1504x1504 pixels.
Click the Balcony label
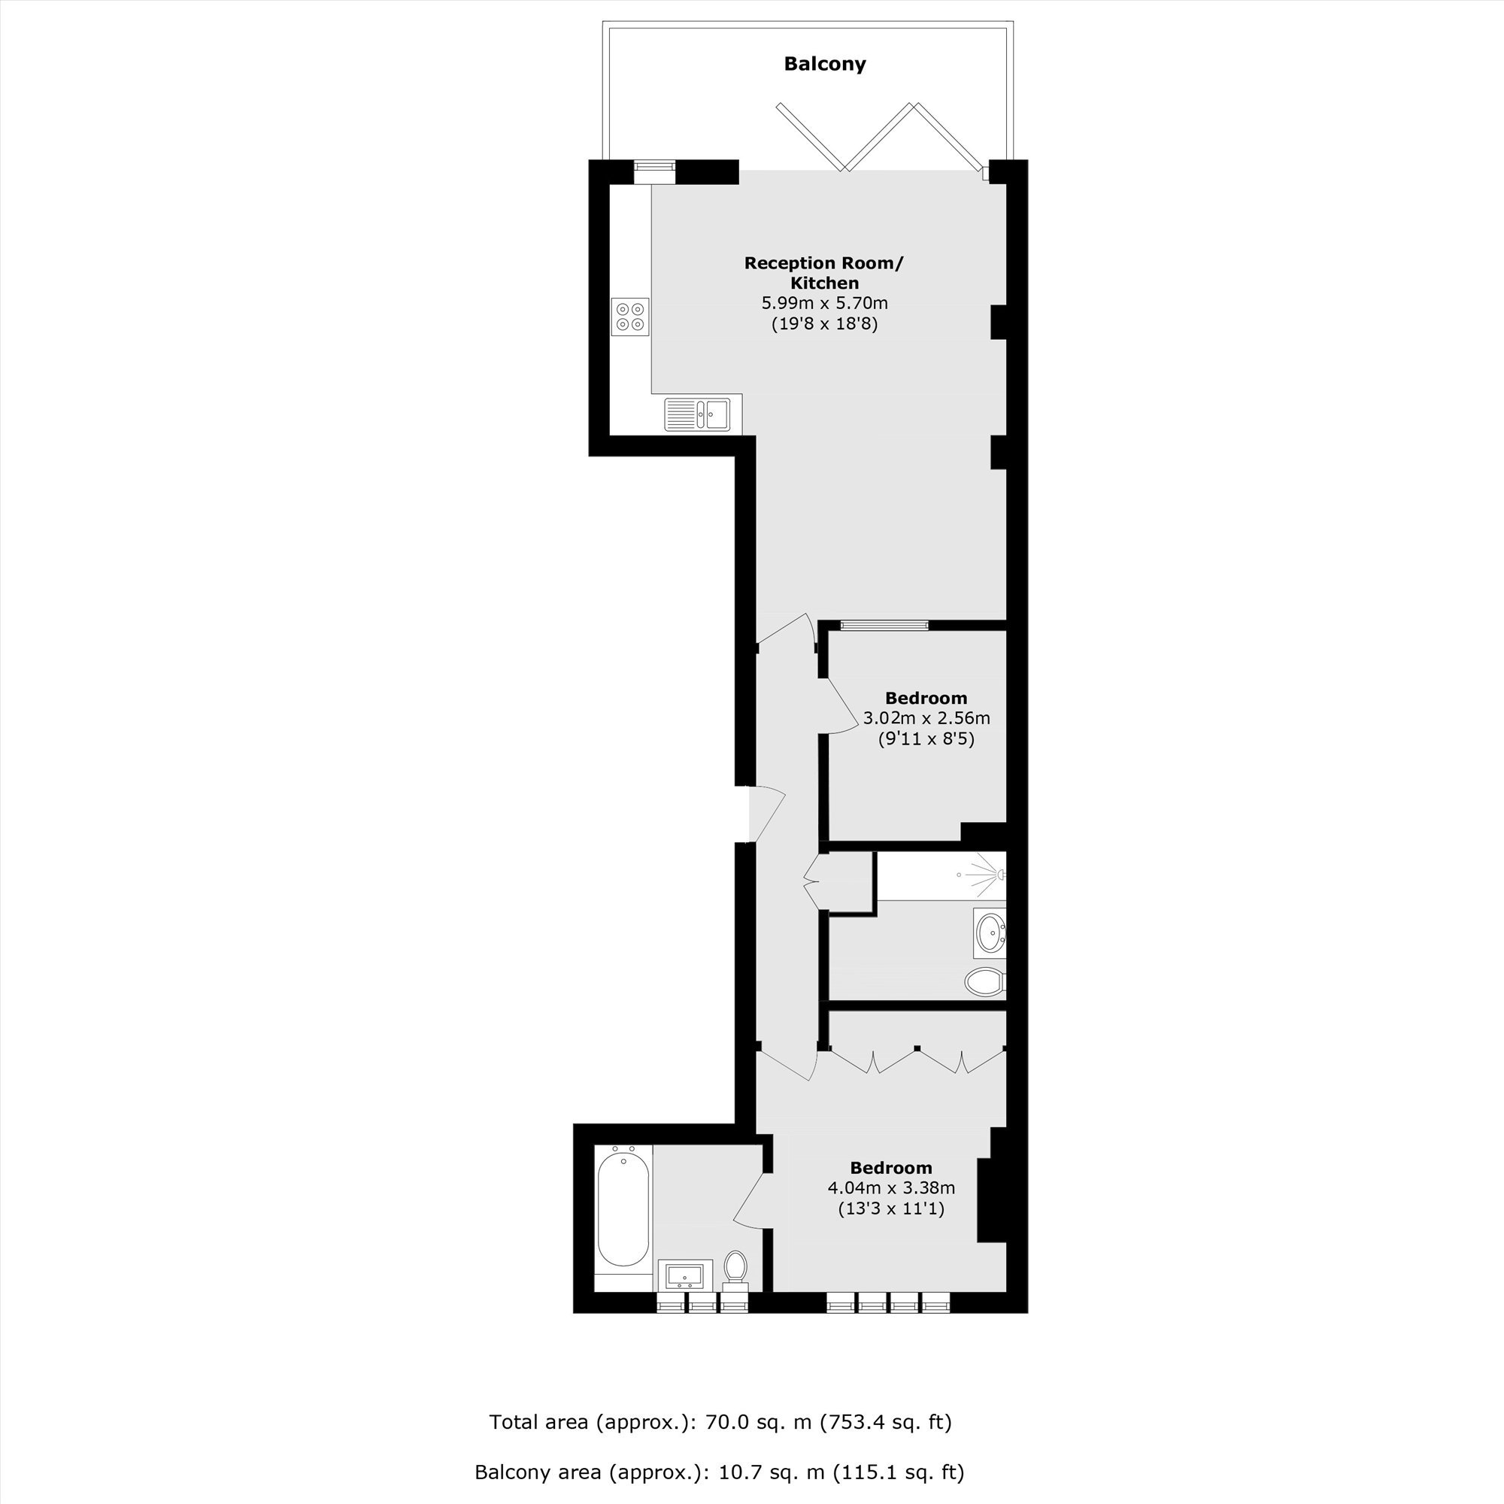(824, 64)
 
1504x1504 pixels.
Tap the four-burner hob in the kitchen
(631, 316)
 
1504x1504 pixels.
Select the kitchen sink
(697, 414)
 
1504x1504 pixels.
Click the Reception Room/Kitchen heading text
(823, 273)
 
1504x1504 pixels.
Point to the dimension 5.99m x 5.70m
(824, 303)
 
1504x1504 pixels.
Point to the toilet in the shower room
(986, 981)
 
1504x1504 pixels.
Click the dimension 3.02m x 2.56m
(926, 717)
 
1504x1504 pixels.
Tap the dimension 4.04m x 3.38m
(891, 1188)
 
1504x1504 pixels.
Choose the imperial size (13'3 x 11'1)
(891, 1209)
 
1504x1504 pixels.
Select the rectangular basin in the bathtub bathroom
(685, 1275)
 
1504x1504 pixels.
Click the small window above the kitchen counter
(654, 172)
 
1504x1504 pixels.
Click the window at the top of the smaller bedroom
(884, 624)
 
